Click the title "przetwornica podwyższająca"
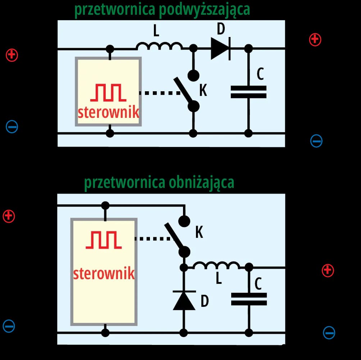pos(162,10)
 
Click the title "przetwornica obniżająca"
pos(159,182)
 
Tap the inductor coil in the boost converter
pos(159,46)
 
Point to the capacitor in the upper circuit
pos(248,92)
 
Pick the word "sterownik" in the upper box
pos(109,112)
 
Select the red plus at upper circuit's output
pos(315,39)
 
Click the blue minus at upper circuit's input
pos(12,126)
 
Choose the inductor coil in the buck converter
pos(216,266)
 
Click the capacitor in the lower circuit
pos(248,299)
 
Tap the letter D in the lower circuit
pos(204,301)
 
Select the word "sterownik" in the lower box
pos(104,273)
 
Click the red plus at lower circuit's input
pos(9,216)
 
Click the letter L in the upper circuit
pos(156,32)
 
